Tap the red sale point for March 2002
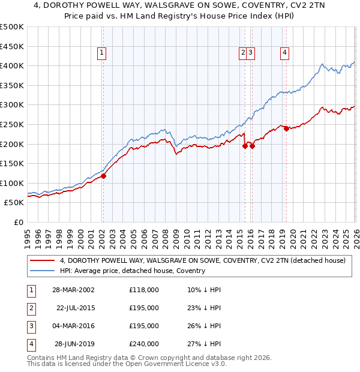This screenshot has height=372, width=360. pyautogui.click(x=103, y=176)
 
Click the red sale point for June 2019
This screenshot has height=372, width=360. pyautogui.click(x=286, y=128)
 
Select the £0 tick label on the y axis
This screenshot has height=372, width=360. pyautogui.click(x=18, y=222)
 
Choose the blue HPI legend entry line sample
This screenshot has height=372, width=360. pyautogui.click(x=43, y=271)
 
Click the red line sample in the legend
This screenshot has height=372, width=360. pyautogui.click(x=43, y=260)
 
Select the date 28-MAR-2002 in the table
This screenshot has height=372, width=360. pyautogui.click(x=74, y=289)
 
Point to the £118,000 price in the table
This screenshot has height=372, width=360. pyautogui.click(x=143, y=289)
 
